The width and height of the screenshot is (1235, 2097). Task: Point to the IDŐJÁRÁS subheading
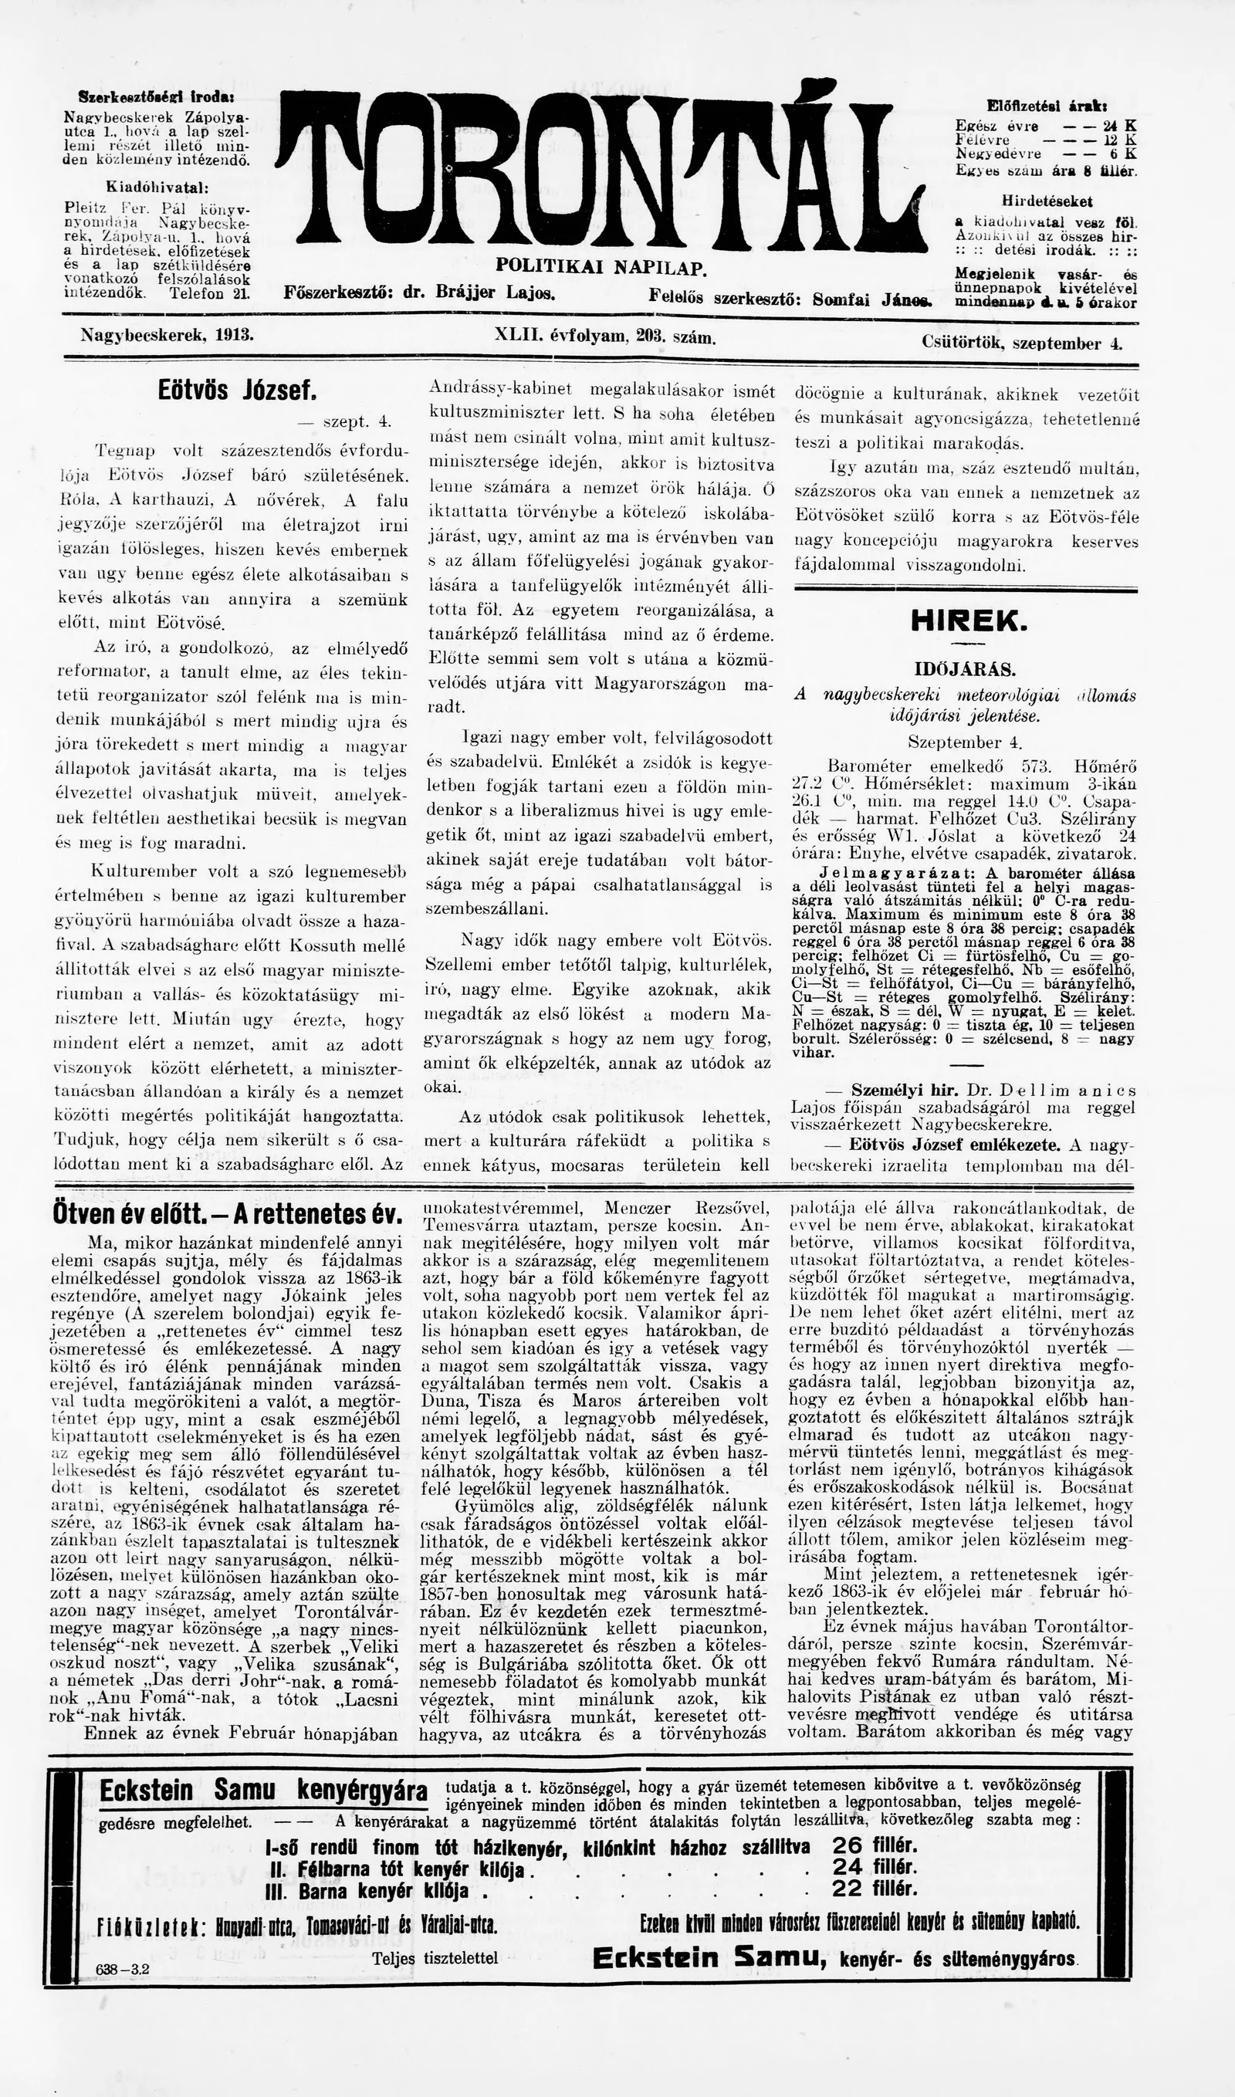click(966, 669)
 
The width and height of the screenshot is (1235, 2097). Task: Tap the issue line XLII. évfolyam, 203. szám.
click(605, 337)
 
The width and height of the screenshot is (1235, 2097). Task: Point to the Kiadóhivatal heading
click(157, 187)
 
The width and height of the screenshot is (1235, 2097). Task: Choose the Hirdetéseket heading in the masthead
click(1047, 201)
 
